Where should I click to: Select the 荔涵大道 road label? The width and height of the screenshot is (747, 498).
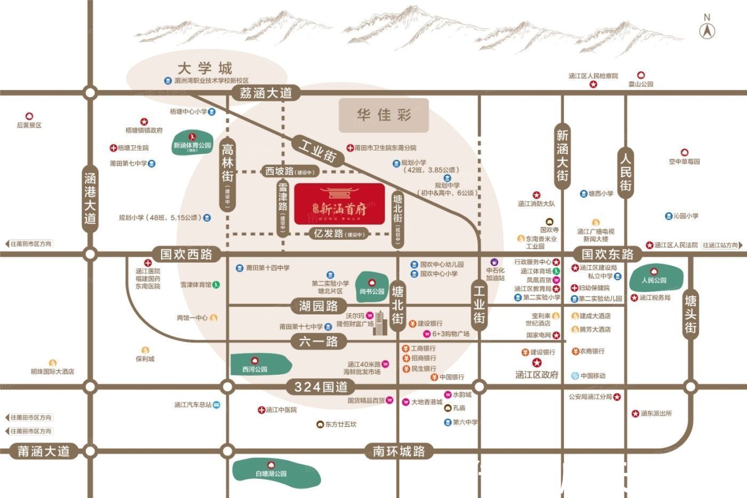pos(265,93)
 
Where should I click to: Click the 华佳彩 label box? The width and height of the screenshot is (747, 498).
pos(384,115)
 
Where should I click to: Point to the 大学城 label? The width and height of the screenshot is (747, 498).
pos(205,68)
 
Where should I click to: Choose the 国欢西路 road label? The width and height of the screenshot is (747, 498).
pos(186,254)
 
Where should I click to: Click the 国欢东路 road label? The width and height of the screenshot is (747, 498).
pos(607,254)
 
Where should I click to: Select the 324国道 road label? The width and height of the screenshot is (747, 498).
pos(321,386)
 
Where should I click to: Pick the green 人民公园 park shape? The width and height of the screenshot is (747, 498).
pos(656,278)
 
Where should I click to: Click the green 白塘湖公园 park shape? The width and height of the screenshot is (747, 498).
pos(276,471)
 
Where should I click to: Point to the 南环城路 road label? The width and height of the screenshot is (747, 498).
pos(399,452)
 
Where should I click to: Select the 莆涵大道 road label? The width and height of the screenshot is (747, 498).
pos(44,452)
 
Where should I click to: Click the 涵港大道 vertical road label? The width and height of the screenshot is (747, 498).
pos(90,198)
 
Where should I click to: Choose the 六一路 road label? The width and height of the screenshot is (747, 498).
pos(319,342)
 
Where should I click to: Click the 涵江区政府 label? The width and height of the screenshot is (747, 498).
pos(537,375)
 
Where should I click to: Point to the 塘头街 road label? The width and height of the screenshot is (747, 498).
pos(690,314)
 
